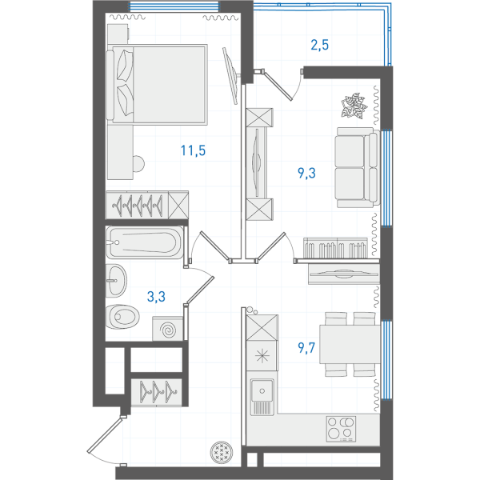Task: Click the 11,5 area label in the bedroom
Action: click(193, 150)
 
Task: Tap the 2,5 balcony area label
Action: click(319, 45)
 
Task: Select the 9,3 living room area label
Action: click(306, 173)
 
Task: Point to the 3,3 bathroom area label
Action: click(156, 296)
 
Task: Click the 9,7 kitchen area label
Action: click(306, 347)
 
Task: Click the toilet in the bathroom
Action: click(122, 317)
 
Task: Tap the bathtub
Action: click(145, 242)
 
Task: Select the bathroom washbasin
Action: click(116, 281)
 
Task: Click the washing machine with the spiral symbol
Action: click(168, 329)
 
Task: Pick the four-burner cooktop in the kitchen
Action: click(341, 429)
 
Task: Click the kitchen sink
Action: click(262, 397)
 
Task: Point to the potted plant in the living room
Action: click(354, 106)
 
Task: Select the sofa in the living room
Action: click(357, 167)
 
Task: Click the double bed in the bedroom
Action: click(157, 84)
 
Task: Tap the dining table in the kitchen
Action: click(350, 344)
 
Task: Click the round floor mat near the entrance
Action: click(222, 452)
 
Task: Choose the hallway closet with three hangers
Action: click(157, 392)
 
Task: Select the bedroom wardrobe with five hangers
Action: click(147, 205)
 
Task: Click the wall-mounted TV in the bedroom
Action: click(230, 76)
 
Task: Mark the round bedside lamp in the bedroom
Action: click(138, 164)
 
